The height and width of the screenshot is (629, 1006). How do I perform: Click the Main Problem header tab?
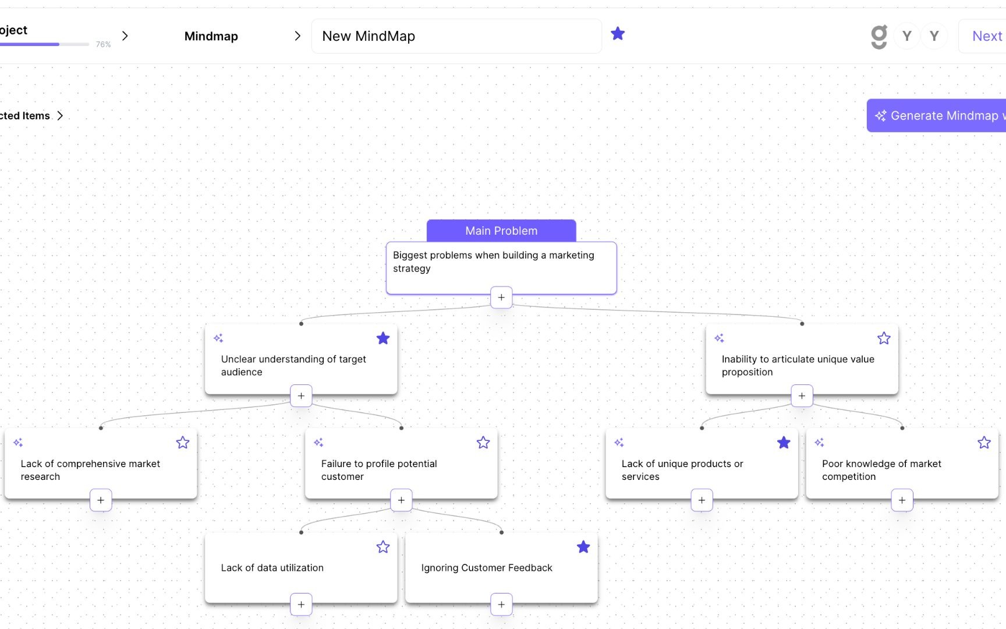click(501, 231)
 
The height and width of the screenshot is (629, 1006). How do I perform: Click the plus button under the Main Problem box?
click(501, 297)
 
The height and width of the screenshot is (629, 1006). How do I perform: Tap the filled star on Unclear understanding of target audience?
click(383, 338)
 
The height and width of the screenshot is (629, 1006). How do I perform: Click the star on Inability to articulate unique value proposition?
click(884, 338)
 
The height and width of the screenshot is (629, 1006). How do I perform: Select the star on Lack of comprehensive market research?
click(183, 443)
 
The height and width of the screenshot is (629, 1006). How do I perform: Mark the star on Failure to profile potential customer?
click(483, 443)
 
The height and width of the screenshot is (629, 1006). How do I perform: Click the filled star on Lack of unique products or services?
click(784, 443)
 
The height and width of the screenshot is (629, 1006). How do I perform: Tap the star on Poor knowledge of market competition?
click(984, 443)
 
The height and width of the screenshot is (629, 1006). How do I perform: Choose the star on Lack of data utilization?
click(383, 547)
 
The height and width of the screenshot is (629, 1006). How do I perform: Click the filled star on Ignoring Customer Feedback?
click(583, 547)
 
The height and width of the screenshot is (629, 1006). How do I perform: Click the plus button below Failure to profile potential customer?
click(401, 500)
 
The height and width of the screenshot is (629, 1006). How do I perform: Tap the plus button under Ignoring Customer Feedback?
click(501, 605)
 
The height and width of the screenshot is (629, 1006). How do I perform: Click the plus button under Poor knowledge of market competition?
click(902, 500)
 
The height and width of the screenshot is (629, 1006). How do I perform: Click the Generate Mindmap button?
click(937, 115)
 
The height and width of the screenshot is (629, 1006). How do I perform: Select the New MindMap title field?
click(456, 36)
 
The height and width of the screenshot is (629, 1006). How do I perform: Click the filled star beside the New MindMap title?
click(618, 34)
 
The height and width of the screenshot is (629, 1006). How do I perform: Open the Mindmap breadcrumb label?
click(211, 36)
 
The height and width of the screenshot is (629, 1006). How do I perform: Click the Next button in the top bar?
click(987, 36)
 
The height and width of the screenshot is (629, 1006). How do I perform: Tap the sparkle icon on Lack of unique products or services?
click(619, 443)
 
